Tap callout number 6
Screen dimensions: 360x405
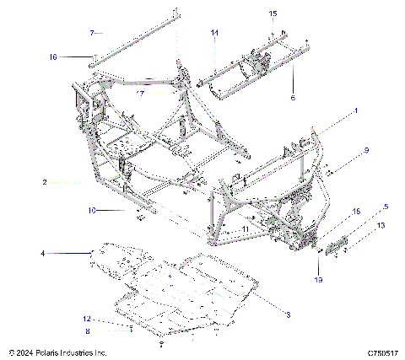[294, 98]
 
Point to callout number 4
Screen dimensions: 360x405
[42, 253]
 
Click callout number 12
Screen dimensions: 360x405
[87, 320]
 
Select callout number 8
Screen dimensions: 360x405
[87, 331]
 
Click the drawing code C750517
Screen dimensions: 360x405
[383, 352]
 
